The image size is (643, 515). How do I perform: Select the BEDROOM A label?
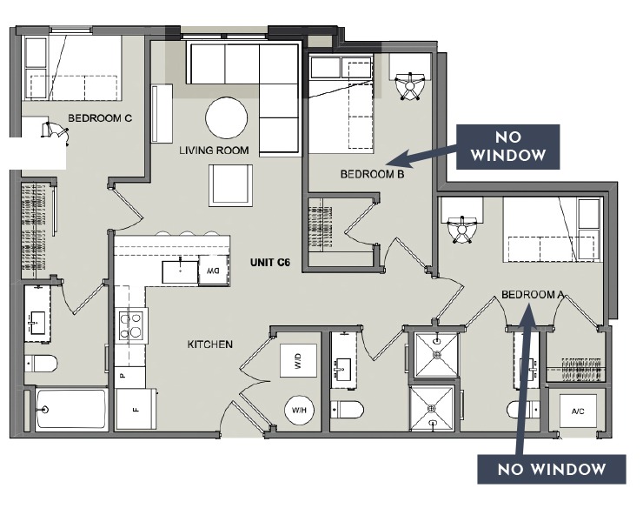pos(533,296)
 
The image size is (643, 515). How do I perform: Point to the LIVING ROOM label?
pos(214,150)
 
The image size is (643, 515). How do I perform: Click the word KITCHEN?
pos(209,344)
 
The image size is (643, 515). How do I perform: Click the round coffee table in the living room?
pos(226,117)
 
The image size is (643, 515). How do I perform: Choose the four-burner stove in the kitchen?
pos(131,325)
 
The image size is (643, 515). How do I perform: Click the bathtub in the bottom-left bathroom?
pos(71,409)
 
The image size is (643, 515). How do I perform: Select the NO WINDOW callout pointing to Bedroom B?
pos(508,145)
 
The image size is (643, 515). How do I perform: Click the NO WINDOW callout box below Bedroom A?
pos(551,470)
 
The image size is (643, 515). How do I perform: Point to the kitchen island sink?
pos(180,271)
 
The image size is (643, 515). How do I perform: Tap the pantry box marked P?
pos(121,375)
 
